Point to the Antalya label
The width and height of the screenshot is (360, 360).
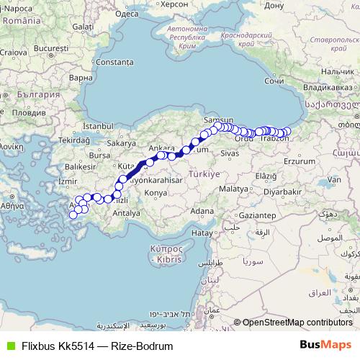(127, 213)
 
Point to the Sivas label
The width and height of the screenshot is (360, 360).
(229, 153)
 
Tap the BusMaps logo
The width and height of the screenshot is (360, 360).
(325, 345)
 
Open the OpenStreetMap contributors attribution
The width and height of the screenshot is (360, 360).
(297, 322)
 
